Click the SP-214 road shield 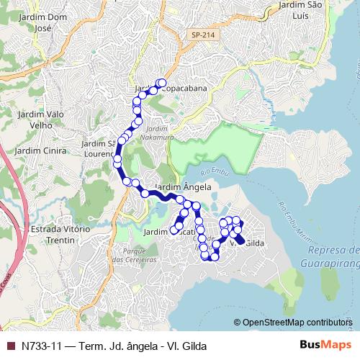tap(202, 34)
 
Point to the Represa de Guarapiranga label tap(333, 256)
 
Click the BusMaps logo tap(325, 346)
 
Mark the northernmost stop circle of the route tap(162, 82)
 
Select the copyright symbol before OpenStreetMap tap(238, 323)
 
